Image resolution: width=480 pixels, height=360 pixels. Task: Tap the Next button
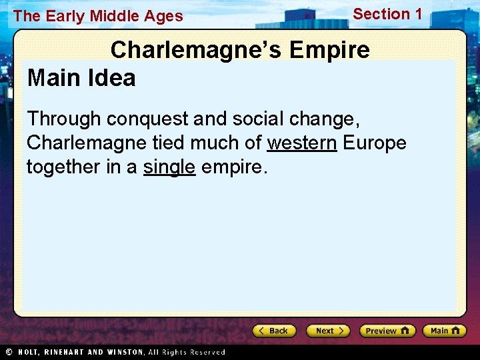(328, 331)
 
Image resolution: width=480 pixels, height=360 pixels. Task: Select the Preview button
(387, 331)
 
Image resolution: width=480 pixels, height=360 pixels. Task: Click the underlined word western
(302, 143)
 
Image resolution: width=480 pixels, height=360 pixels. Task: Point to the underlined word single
(169, 166)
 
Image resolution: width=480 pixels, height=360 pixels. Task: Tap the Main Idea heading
(81, 78)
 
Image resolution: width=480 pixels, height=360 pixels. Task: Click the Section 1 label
(387, 14)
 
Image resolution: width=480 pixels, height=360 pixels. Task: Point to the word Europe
(375, 143)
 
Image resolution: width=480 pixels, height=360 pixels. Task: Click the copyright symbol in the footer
(9, 352)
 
